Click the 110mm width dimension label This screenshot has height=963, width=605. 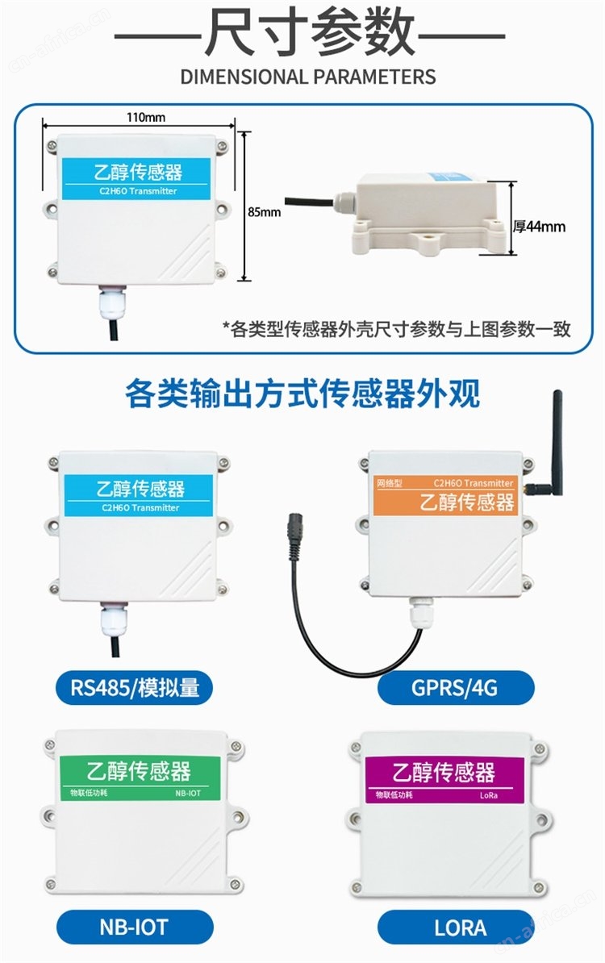(x=145, y=117)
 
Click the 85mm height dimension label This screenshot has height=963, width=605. (x=264, y=212)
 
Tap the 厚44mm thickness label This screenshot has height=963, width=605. (x=539, y=227)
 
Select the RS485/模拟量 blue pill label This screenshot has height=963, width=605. (x=135, y=687)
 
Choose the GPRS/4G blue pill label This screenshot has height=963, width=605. (x=455, y=687)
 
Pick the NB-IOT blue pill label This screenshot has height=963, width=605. (x=135, y=927)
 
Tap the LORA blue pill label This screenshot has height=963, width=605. (x=455, y=927)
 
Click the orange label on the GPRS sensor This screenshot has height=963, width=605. (x=444, y=496)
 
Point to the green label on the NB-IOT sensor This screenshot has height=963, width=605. (x=140, y=777)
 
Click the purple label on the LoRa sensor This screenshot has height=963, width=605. (x=444, y=779)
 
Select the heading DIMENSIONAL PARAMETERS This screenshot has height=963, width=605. (x=307, y=77)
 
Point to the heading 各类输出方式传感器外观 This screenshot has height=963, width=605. (x=302, y=394)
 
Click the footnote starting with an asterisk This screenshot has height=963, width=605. (x=396, y=329)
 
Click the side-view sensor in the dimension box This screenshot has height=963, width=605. (x=423, y=212)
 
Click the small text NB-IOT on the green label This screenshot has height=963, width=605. (x=188, y=793)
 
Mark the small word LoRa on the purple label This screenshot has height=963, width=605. (x=489, y=794)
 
